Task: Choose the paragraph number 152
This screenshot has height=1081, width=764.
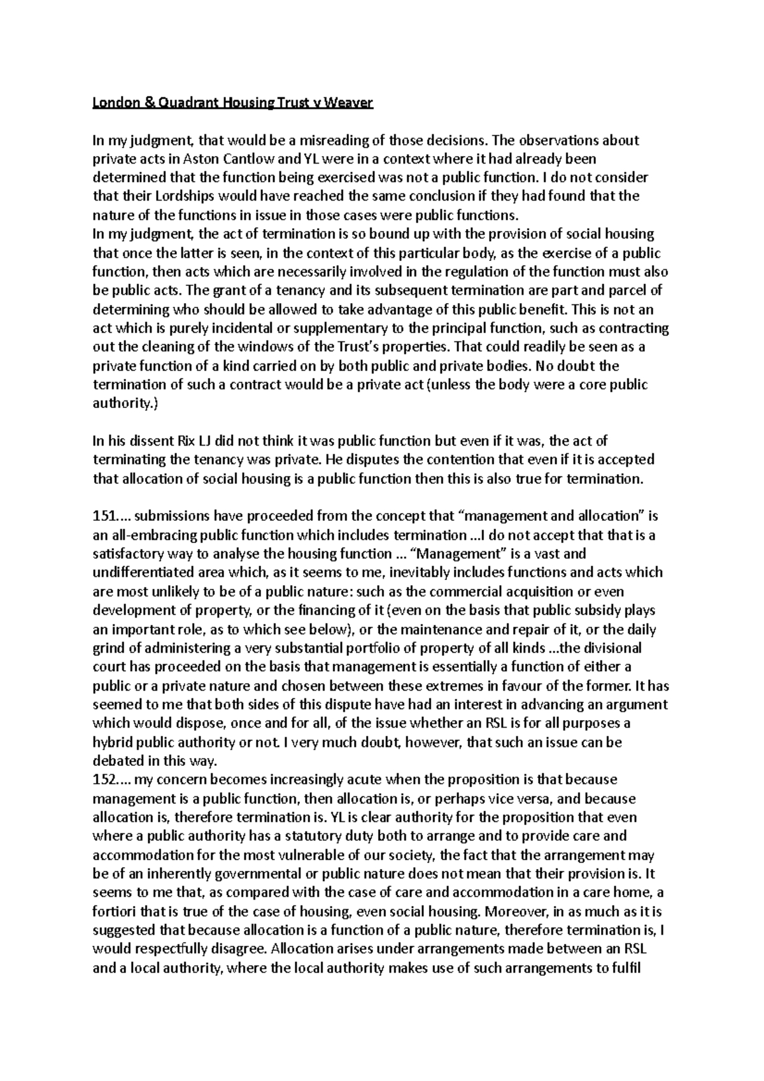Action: click(x=104, y=780)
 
